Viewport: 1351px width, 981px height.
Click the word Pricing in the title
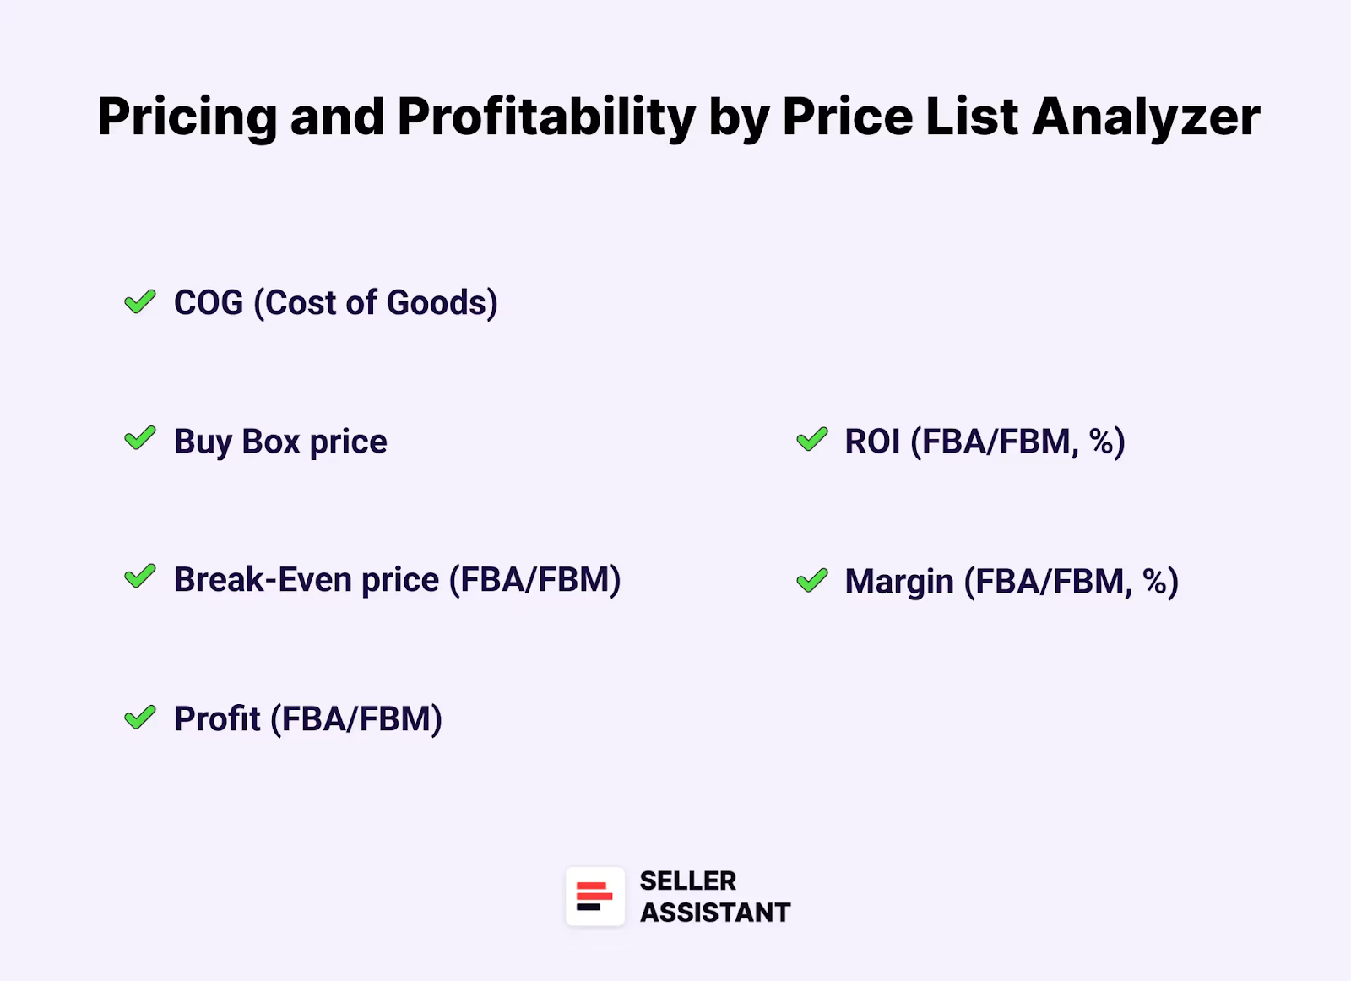pyautogui.click(x=187, y=117)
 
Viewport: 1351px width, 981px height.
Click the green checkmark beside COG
pyautogui.click(x=140, y=301)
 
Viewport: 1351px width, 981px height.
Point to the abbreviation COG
pyautogui.click(x=209, y=303)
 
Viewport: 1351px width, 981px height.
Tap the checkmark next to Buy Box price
pyautogui.click(x=140, y=439)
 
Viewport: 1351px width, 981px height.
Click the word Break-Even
pyautogui.click(x=263, y=580)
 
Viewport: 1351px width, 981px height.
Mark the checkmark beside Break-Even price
pyautogui.click(x=140, y=577)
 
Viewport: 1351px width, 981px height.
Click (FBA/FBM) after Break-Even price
pyautogui.click(x=534, y=580)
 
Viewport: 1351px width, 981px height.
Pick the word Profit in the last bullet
pyautogui.click(x=217, y=719)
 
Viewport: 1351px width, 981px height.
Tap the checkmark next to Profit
pyautogui.click(x=140, y=718)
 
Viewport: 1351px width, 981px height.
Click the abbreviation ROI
pyautogui.click(x=872, y=442)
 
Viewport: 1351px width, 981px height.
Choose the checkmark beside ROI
pyautogui.click(x=812, y=440)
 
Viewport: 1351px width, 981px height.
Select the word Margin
pyautogui.click(x=899, y=582)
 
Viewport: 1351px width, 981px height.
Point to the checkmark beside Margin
pyautogui.click(x=812, y=581)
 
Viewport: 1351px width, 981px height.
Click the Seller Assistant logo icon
pyautogui.click(x=595, y=897)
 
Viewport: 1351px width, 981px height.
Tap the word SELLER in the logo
pyautogui.click(x=687, y=881)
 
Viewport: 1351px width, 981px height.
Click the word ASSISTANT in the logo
pyautogui.click(x=714, y=913)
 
